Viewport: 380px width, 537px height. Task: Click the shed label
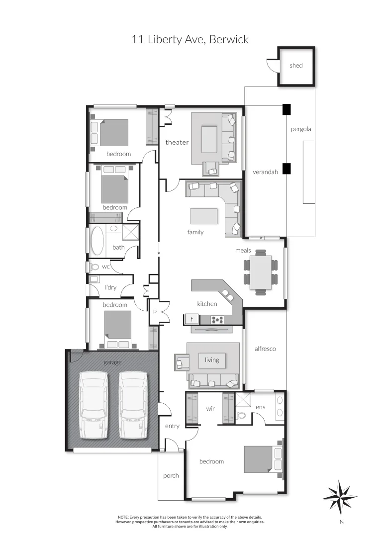[x=296, y=66]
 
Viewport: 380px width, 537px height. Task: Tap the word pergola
[x=301, y=129]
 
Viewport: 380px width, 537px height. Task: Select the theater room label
[x=177, y=143]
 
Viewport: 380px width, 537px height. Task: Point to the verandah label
[x=265, y=173]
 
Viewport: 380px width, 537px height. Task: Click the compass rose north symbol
[x=340, y=497]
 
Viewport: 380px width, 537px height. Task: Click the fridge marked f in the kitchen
[x=192, y=319]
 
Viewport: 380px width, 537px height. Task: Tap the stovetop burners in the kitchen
[x=218, y=319]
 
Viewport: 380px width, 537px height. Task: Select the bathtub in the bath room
[x=97, y=241]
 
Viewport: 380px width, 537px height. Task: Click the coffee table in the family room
[x=204, y=216]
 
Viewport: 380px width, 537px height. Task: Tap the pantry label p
[x=155, y=312]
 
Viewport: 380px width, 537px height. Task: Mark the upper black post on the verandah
[x=286, y=109]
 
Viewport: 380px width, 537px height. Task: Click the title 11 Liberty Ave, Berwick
[x=190, y=39]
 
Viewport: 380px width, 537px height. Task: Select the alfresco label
[x=265, y=349]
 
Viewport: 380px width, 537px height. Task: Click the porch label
[x=171, y=476]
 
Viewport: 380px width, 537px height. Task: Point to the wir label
[x=210, y=409]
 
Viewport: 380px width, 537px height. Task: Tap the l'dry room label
[x=110, y=287]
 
